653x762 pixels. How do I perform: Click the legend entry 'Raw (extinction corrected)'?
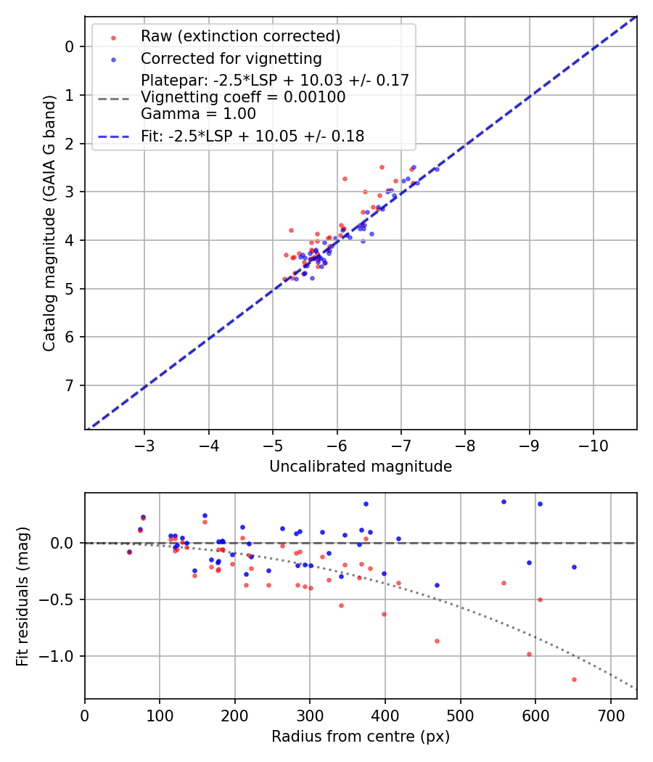pos(240,36)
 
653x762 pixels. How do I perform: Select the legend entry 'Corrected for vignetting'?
pos(231,58)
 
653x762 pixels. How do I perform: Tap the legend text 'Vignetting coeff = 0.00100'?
pos(243,97)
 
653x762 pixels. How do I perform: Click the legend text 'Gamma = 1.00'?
pos(198,113)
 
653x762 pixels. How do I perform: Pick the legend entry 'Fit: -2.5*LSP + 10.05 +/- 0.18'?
pos(252,136)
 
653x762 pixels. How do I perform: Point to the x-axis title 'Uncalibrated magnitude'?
pos(361,467)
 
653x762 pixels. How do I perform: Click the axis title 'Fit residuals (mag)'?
pos(22,596)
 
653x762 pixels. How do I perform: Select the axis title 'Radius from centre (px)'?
pos(361,737)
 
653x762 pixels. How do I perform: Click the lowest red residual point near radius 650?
pos(574,679)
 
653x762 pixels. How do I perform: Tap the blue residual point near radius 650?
pos(574,567)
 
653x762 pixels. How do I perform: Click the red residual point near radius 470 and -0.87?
pos(437,641)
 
